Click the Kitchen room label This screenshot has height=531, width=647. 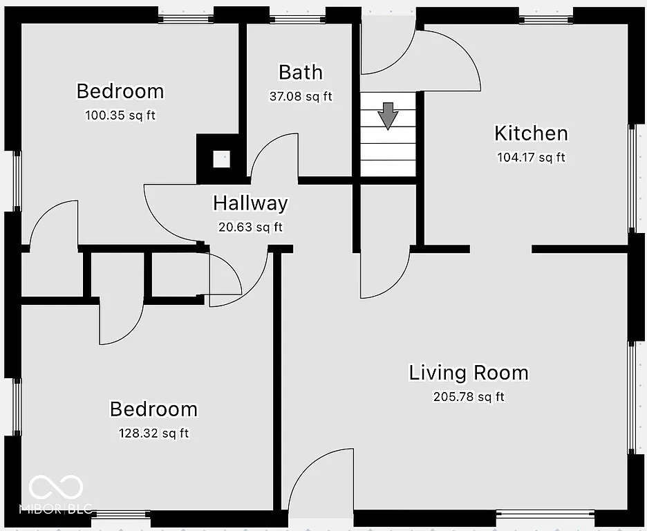(531, 133)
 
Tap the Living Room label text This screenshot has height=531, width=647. (469, 373)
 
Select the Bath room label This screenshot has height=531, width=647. (300, 72)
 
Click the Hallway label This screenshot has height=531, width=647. (250, 203)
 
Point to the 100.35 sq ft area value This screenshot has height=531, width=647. (120, 115)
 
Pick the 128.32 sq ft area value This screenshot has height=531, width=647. (153, 434)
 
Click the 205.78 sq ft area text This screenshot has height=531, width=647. (469, 397)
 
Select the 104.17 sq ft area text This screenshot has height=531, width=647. (531, 158)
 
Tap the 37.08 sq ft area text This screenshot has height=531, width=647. (300, 97)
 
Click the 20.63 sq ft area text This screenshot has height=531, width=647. (250, 227)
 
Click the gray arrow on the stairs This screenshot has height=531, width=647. (388, 115)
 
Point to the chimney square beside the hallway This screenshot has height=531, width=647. (221, 158)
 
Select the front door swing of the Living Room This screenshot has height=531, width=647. (322, 484)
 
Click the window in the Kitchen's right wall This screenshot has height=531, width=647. (632, 178)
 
